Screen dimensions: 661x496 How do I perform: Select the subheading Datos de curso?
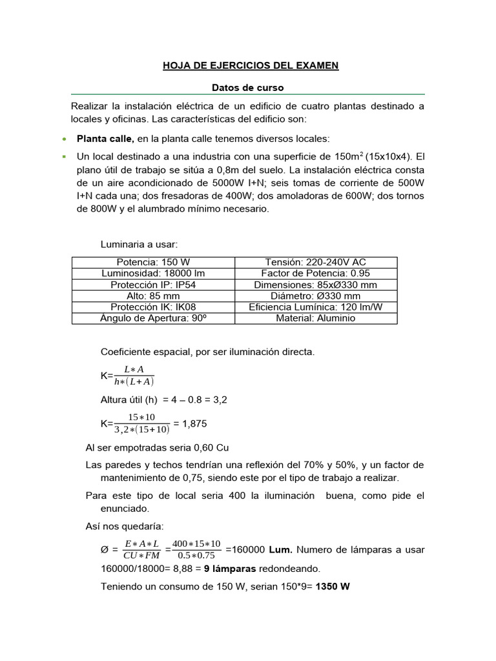pyautogui.click(x=248, y=87)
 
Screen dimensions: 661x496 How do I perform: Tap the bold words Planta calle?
pyautogui.click(x=105, y=138)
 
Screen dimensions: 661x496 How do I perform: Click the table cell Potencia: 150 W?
pyautogui.click(x=153, y=262)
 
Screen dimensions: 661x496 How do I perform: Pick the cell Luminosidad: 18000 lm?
pyautogui.click(x=153, y=274)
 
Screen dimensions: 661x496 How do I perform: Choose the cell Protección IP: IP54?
pyautogui.click(x=153, y=285)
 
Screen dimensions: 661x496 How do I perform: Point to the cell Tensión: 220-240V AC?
pyautogui.click(x=316, y=262)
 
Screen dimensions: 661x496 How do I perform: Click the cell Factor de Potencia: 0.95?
pyautogui.click(x=316, y=274)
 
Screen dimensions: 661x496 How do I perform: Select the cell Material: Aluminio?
pyautogui.click(x=316, y=318)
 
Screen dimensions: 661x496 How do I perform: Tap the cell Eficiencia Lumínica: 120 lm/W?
pyautogui.click(x=316, y=307)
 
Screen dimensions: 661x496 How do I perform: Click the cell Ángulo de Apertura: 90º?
pyautogui.click(x=153, y=318)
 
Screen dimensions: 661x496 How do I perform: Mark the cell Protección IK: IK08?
pyautogui.click(x=153, y=307)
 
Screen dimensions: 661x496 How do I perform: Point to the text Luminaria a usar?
pyautogui.click(x=139, y=244)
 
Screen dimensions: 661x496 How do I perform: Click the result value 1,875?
pyautogui.click(x=194, y=423)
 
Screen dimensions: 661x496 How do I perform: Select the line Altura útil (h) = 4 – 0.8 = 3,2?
pyautogui.click(x=164, y=400)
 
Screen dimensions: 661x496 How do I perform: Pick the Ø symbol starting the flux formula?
pyautogui.click(x=105, y=550)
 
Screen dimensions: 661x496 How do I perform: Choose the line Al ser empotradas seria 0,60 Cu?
pyautogui.click(x=158, y=447)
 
